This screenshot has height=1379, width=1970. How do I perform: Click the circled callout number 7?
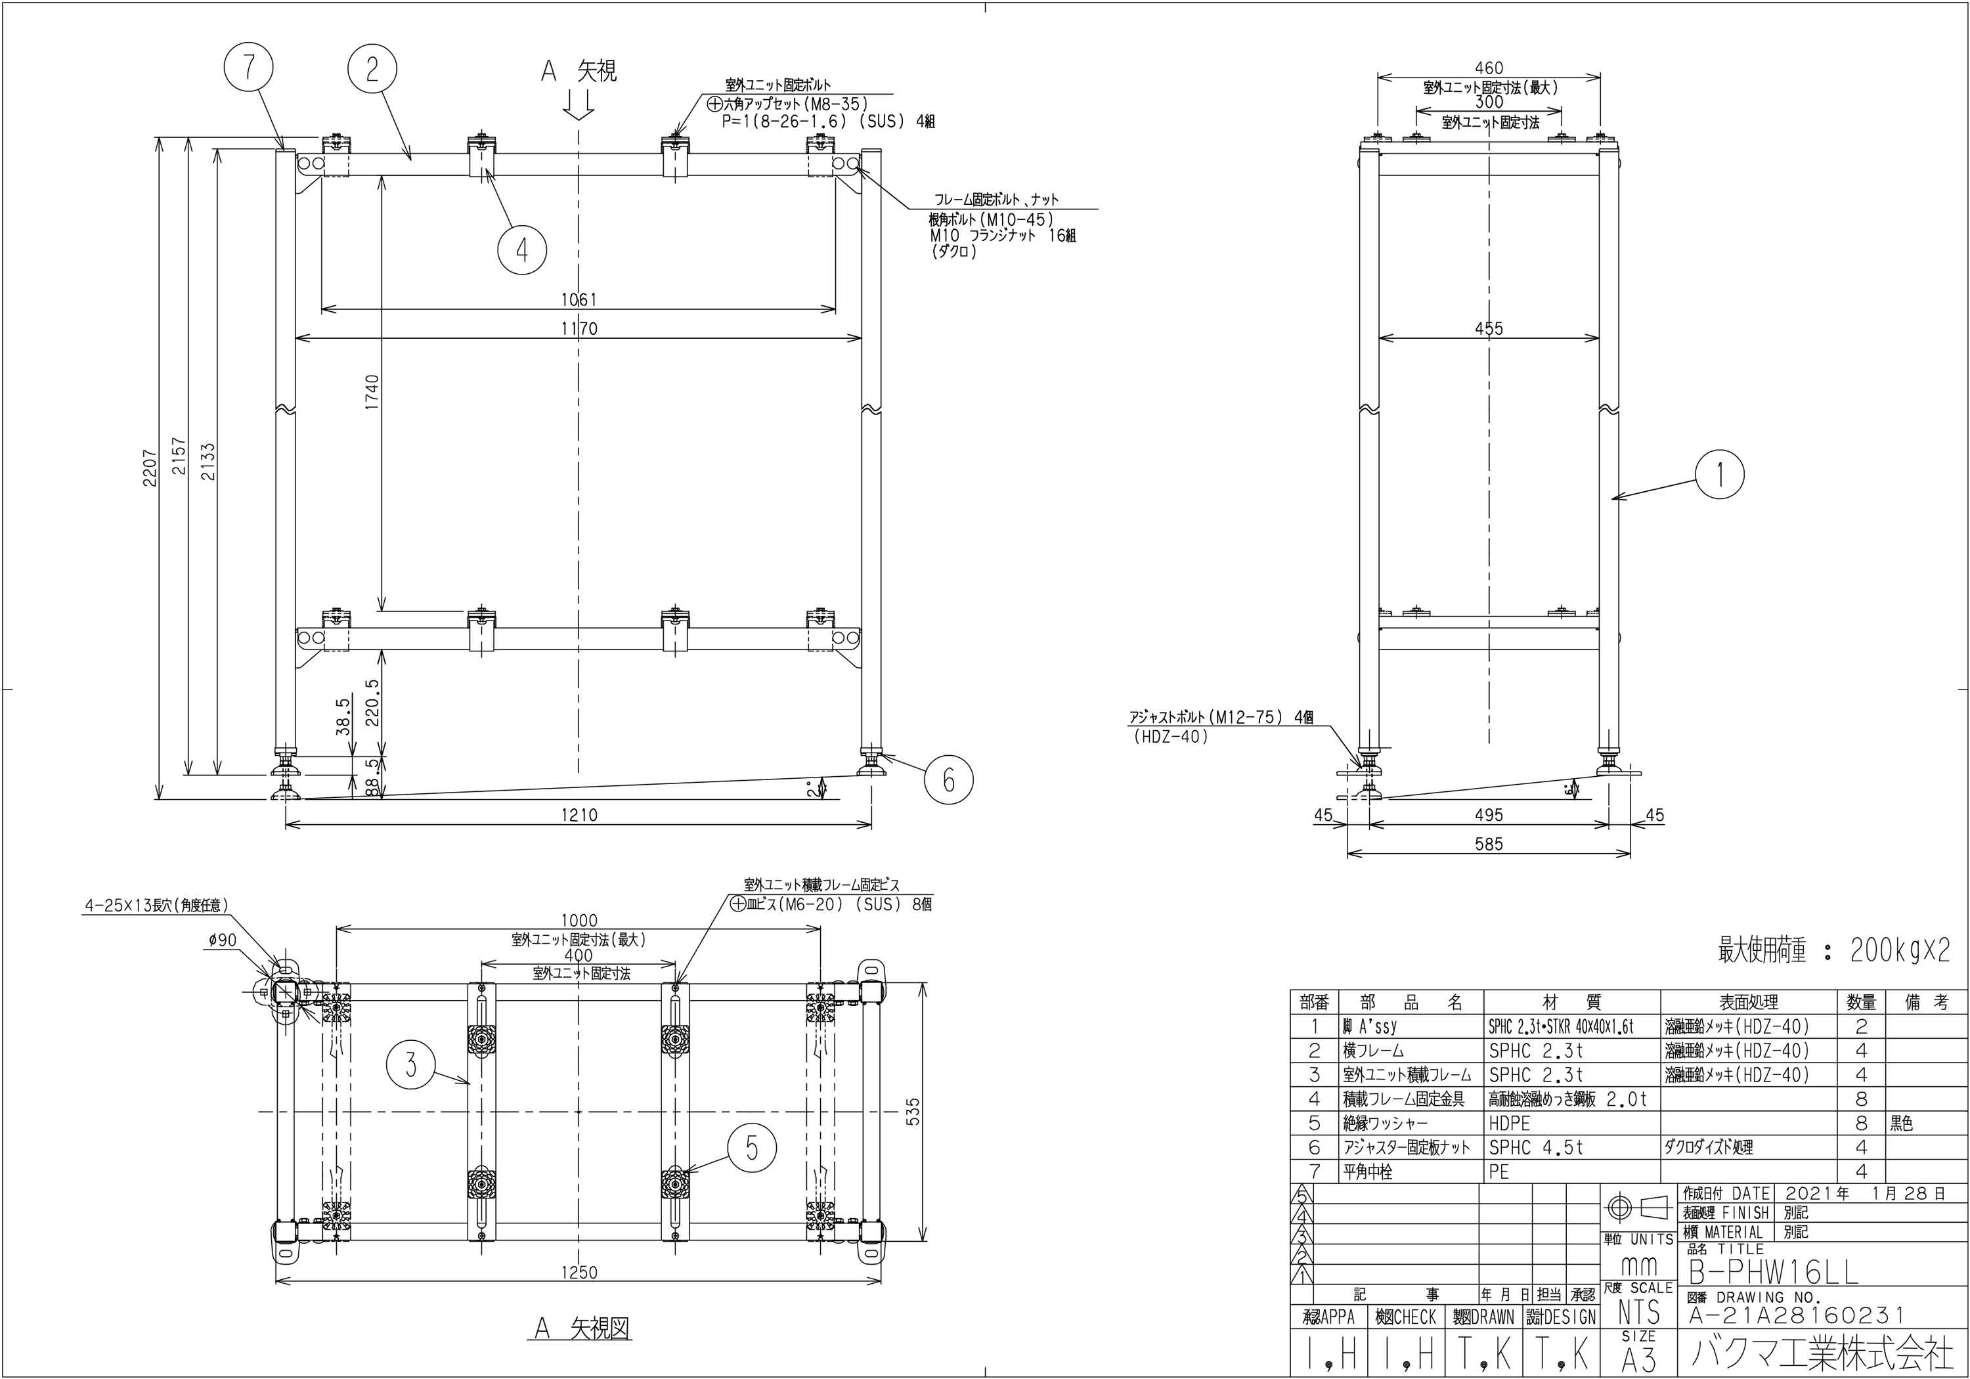click(x=249, y=68)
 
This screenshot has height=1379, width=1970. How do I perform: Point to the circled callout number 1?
click(x=1720, y=475)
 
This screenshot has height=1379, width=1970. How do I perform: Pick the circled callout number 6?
click(x=948, y=780)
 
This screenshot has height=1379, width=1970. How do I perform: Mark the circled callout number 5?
click(x=753, y=1148)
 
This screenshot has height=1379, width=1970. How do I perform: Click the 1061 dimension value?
click(x=579, y=299)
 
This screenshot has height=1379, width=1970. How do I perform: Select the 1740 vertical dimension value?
click(x=372, y=392)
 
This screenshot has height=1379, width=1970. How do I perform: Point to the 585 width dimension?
click(x=1489, y=844)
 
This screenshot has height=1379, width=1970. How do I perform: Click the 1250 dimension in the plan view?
click(x=579, y=1273)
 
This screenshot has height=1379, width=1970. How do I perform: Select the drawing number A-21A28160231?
click(x=1797, y=1315)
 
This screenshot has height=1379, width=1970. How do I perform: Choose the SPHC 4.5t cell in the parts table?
click(x=1536, y=1147)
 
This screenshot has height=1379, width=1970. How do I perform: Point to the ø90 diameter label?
click(x=221, y=940)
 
